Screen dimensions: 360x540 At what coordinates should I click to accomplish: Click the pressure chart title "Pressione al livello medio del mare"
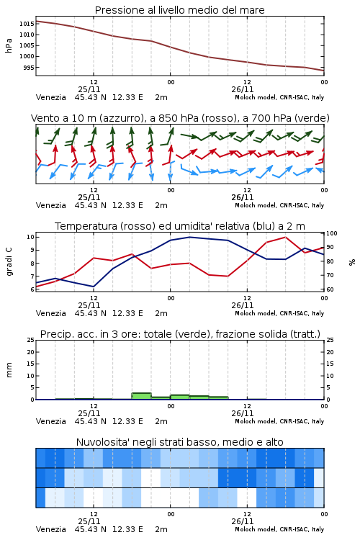pyautogui.click(x=179, y=10)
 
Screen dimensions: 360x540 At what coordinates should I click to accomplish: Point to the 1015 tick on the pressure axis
pyautogui.click(x=27, y=24)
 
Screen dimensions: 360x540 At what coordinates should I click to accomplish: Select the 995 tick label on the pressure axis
pyautogui.click(x=29, y=68)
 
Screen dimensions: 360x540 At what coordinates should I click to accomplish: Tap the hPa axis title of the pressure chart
pyautogui.click(x=9, y=45)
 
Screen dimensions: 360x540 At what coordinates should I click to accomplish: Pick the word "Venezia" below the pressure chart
pyautogui.click(x=51, y=97)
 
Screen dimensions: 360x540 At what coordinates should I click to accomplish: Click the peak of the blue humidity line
pyautogui.click(x=189, y=237)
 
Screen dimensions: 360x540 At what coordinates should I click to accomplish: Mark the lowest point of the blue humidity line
pyautogui.click(x=94, y=287)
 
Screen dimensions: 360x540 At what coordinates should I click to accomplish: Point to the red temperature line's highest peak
pyautogui.click(x=285, y=237)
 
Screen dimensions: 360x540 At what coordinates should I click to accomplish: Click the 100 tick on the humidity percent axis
pyautogui.click(x=332, y=233)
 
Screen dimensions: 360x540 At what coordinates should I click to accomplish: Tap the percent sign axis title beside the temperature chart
pyautogui.click(x=352, y=262)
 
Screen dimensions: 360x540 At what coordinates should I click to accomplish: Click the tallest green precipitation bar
pyautogui.click(x=142, y=396)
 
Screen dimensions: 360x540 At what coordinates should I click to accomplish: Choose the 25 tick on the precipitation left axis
pyautogui.click(x=31, y=340)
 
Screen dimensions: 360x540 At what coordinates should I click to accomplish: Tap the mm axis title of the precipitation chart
pyautogui.click(x=9, y=370)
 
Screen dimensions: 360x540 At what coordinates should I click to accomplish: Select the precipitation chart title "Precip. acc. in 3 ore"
pyautogui.click(x=89, y=334)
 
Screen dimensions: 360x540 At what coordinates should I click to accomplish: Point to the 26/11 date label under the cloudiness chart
pyautogui.click(x=243, y=521)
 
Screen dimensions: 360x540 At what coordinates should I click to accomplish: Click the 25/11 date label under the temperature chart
pyautogui.click(x=89, y=305)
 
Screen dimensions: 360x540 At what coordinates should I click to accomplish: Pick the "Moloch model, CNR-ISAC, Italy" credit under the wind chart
pyautogui.click(x=279, y=205)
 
